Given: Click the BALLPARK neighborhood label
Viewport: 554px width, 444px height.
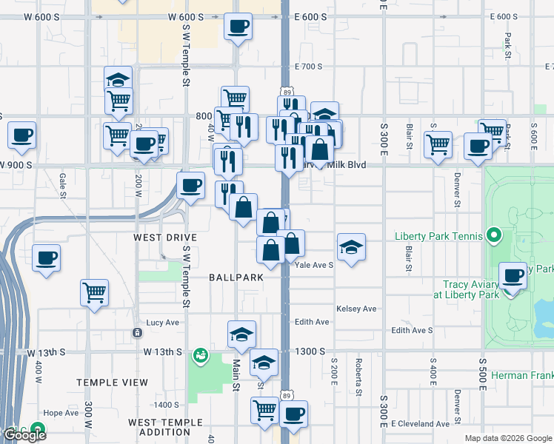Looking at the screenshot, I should pyautogui.click(x=236, y=277).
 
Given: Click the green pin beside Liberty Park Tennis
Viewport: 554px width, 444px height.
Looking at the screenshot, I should pyautogui.click(x=495, y=237).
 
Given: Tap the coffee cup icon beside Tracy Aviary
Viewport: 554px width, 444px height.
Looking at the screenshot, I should pyautogui.click(x=513, y=277).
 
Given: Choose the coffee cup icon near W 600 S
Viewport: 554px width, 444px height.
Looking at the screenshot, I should pyautogui.click(x=238, y=27).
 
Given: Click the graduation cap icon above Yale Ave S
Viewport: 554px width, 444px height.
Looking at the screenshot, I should pyautogui.click(x=351, y=246).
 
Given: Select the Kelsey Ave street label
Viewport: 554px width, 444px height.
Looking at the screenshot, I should pyautogui.click(x=356, y=309).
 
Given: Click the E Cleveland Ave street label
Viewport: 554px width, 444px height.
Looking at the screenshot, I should pyautogui.click(x=421, y=424).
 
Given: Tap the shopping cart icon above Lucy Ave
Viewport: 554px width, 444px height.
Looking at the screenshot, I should pyautogui.click(x=95, y=293).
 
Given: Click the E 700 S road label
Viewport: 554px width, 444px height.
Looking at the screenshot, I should pyautogui.click(x=308, y=67).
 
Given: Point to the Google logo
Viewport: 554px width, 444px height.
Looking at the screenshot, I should pyautogui.click(x=24, y=434).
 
